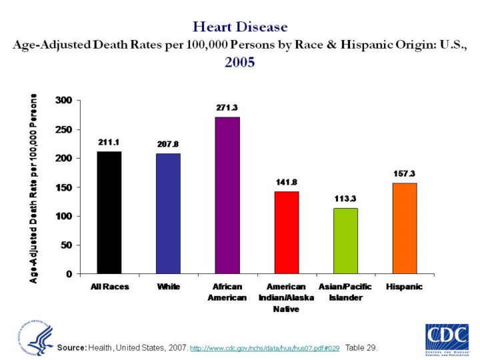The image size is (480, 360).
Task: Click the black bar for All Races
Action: pyautogui.click(x=109, y=213)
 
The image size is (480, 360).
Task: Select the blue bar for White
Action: pyautogui.click(x=168, y=214)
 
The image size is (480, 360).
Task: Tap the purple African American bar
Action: pyautogui.click(x=227, y=195)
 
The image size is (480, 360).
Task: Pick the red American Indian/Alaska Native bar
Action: pyautogui.click(x=286, y=233)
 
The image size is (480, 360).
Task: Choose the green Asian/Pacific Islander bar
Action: pyautogui.click(x=345, y=241)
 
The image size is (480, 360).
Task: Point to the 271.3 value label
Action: pyautogui.click(x=227, y=107)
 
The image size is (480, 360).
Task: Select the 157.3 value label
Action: pyautogui.click(x=404, y=173)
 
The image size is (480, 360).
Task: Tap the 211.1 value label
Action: pyautogui.click(x=109, y=141)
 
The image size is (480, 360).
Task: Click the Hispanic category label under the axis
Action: pyautogui.click(x=404, y=287)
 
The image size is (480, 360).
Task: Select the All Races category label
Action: pyautogui.click(x=109, y=287)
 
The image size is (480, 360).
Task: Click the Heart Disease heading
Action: pyautogui.click(x=240, y=27)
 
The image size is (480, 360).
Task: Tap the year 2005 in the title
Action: pyautogui.click(x=240, y=63)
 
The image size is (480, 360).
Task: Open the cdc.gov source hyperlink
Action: pyautogui.click(x=265, y=348)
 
